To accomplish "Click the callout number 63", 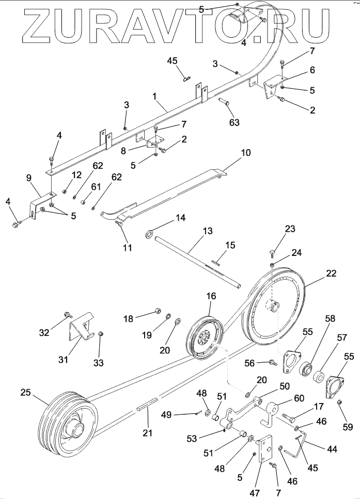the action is click(234, 122).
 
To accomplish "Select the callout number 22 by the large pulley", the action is click(331, 273).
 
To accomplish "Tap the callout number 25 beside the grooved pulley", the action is click(26, 392).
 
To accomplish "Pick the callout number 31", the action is click(63, 360).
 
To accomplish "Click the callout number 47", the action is click(255, 493).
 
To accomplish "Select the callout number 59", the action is click(348, 427).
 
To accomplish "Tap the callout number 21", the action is click(148, 432).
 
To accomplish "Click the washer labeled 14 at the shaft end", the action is click(149, 235).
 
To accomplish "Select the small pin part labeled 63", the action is click(225, 102).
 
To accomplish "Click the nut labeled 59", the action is click(339, 403).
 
